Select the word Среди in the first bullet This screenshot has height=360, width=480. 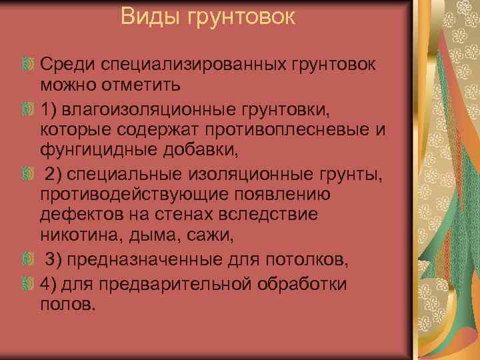[x=68, y=65]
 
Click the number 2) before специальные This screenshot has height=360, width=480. [x=54, y=174]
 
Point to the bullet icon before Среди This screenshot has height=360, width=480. [x=28, y=65]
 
